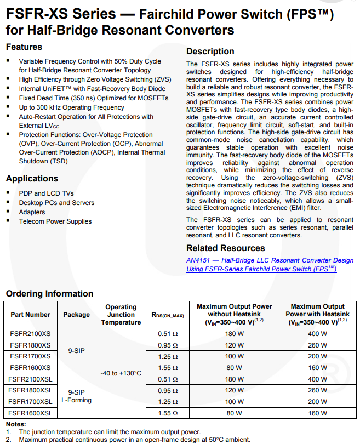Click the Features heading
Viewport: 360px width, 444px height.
click(24, 47)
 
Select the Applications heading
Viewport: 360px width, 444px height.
click(32, 179)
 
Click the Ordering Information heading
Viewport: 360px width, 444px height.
click(50, 294)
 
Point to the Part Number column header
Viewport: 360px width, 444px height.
click(30, 315)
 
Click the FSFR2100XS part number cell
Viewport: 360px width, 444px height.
click(30, 333)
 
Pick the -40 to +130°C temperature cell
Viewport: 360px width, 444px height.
click(121, 373)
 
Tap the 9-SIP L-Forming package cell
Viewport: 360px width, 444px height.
click(76, 396)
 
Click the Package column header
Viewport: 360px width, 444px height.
click(76, 315)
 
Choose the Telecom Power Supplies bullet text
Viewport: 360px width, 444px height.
click(55, 221)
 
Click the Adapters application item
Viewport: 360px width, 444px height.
click(32, 212)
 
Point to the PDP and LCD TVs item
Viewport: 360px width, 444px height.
click(47, 193)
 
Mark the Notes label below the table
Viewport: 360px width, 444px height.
click(16, 424)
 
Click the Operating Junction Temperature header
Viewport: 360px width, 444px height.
click(121, 315)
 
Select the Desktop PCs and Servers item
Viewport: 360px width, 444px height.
click(56, 203)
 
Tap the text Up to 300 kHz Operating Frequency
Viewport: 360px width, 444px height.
click(72, 107)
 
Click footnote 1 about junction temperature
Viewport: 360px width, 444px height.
click(110, 431)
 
